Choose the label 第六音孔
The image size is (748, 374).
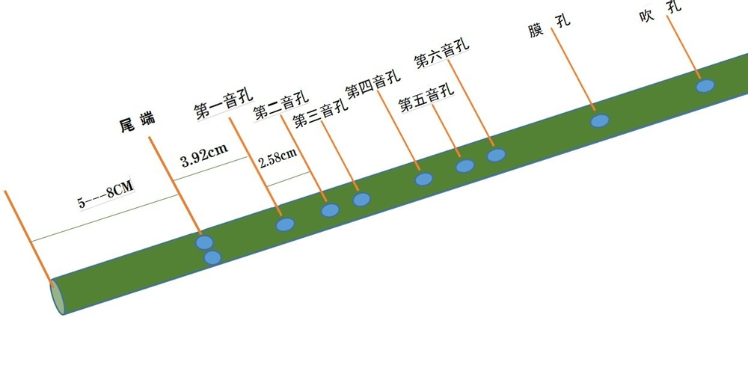coord(441,52)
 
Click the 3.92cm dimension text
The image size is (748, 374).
coord(204,155)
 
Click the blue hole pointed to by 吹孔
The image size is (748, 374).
coord(705,86)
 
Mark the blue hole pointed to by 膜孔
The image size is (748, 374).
coord(600,120)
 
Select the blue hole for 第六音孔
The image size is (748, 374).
coord(497,156)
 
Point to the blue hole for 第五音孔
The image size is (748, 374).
coord(465,166)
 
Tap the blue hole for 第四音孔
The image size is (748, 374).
coord(424,179)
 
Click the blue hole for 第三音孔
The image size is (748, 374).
coord(362,199)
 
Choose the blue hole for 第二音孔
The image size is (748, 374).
coord(330,210)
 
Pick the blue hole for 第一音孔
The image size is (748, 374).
coord(285,224)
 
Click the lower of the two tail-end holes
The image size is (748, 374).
coord(212,257)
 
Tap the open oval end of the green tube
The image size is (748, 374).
coord(56,295)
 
